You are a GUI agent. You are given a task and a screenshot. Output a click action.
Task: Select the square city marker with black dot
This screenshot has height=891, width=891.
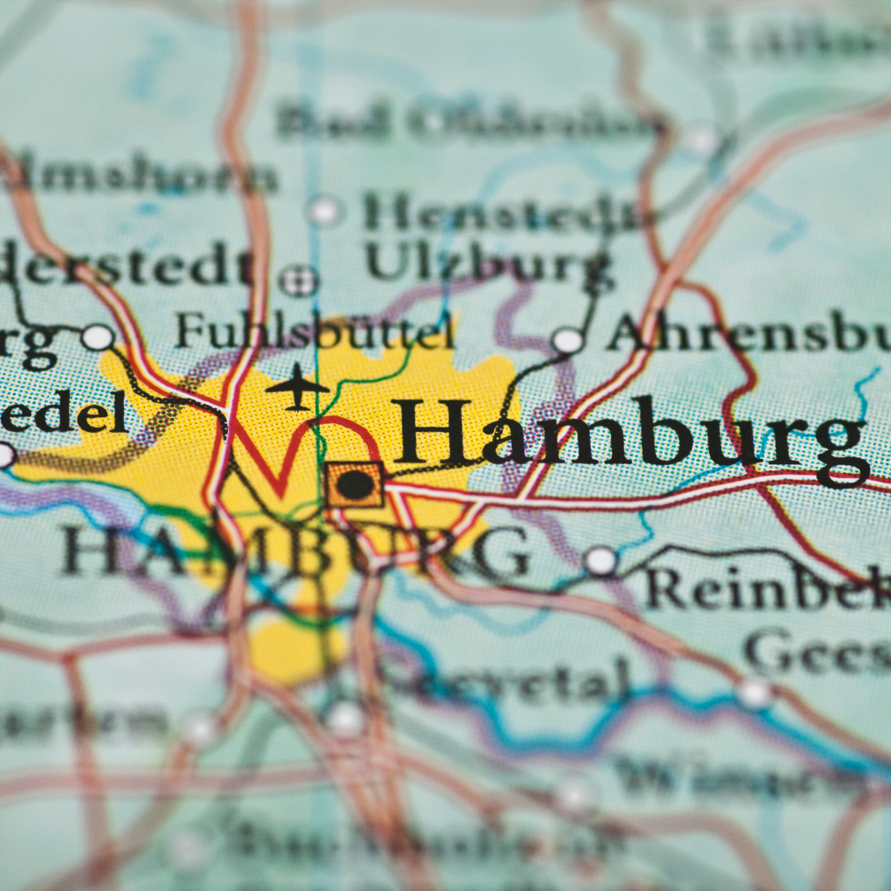click(x=354, y=485)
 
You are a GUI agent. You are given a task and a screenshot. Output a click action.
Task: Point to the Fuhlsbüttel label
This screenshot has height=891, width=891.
click(x=316, y=332)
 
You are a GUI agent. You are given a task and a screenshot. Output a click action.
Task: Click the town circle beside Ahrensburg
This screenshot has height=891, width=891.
click(x=568, y=341)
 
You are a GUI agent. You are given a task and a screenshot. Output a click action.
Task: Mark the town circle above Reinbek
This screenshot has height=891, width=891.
click(x=601, y=561)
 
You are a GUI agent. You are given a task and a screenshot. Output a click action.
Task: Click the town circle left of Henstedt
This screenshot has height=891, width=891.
click(x=324, y=212)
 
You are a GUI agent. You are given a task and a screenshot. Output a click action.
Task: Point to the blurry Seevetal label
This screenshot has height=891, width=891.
click(x=505, y=679)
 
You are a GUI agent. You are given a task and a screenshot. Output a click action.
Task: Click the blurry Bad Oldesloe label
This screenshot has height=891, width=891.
click(x=468, y=123)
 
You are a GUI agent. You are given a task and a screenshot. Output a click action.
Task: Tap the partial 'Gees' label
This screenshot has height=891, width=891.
click(x=817, y=653)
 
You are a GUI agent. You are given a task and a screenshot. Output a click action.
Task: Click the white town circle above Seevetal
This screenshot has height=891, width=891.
click(x=345, y=719)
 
